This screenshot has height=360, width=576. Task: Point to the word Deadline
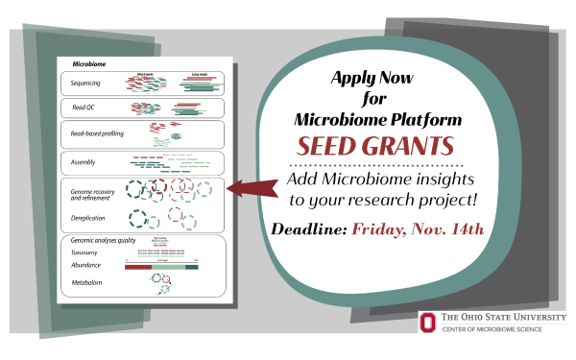tap(310, 230)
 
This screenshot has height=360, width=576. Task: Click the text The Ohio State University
tap(503, 318)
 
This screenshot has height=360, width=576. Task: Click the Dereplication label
tap(88, 219)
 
